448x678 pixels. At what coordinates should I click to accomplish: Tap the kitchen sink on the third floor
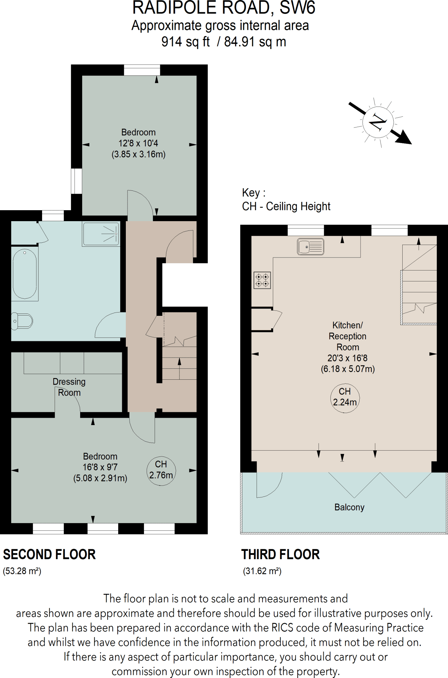pos(310,247)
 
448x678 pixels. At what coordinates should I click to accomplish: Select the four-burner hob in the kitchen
pos(262,280)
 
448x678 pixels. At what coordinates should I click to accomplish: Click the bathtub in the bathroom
pos(25,273)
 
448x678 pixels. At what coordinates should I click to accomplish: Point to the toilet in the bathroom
pos(22,321)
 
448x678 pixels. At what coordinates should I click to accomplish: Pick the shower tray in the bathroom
pos(101,234)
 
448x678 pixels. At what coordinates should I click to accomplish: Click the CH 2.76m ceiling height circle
pos(161,470)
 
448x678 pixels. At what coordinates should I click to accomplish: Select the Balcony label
pos(349,507)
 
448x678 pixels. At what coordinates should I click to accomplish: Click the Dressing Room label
pos(69,387)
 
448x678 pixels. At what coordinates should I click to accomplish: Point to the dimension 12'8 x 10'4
pos(138,143)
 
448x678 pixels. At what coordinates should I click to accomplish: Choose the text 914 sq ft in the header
pos(185,42)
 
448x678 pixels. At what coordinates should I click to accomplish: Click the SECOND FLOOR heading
pos(49,554)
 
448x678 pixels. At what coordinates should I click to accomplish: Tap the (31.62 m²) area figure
pos(262,571)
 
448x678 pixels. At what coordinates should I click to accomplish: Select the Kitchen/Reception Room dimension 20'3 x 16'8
pos(347,358)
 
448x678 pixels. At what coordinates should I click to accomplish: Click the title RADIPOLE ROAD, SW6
pos(224,8)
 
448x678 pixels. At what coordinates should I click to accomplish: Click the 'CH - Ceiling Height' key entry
pos(286,206)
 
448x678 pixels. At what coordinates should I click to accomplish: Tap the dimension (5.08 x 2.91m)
pos(100,478)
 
